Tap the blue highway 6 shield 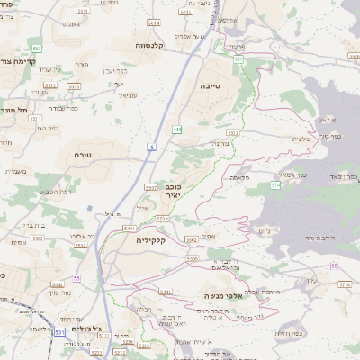[x=153, y=146]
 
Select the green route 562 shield [x=36, y=48]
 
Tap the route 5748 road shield [x=346, y=284]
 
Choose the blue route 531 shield [x=58, y=332]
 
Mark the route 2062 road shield [x=191, y=239]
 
